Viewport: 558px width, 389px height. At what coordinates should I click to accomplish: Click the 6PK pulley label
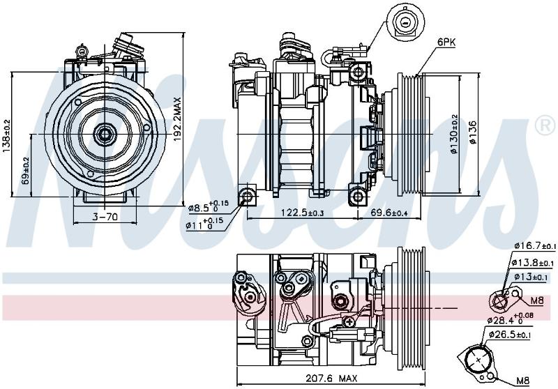tap(446, 43)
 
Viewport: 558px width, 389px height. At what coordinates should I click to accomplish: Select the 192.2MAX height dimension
tap(177, 119)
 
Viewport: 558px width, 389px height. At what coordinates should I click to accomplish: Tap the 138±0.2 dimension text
tap(7, 136)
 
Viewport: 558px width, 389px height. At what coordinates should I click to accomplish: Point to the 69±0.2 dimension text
tap(26, 171)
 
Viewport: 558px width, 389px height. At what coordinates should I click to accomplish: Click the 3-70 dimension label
tap(105, 216)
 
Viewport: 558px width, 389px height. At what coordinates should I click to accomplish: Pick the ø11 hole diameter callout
tap(204, 223)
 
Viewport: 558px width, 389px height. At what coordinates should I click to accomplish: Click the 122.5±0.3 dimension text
tap(303, 213)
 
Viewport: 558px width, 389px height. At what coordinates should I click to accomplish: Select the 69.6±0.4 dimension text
tap(389, 213)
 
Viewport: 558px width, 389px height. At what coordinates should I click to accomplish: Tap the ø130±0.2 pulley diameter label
tap(455, 134)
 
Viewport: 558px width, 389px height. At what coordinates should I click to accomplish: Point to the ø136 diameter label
tap(473, 132)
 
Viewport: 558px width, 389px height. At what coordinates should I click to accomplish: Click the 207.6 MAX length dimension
tap(331, 378)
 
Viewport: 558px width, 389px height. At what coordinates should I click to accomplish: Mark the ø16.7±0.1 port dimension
tap(534, 245)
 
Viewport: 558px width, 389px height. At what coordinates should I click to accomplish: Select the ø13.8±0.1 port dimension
tap(533, 262)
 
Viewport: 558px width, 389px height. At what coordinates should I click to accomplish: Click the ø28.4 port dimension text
tap(511, 318)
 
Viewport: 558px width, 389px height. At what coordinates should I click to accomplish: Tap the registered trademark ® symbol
tap(545, 126)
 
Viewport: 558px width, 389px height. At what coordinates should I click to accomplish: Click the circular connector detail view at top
tap(406, 23)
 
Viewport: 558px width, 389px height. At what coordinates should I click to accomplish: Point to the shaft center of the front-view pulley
tap(105, 134)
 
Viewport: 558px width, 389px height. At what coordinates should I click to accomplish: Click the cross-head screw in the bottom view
tap(349, 322)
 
